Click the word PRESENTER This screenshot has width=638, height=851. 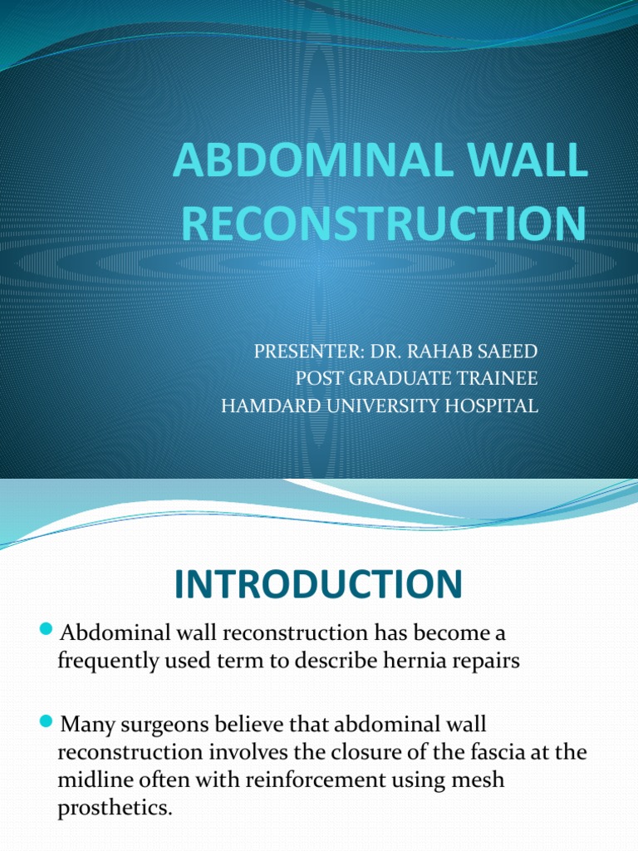pyautogui.click(x=302, y=352)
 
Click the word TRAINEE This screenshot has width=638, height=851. pyautogui.click(x=500, y=379)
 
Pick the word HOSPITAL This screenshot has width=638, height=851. pyautogui.click(x=490, y=406)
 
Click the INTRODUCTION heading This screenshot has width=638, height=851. pyautogui.click(x=318, y=584)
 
